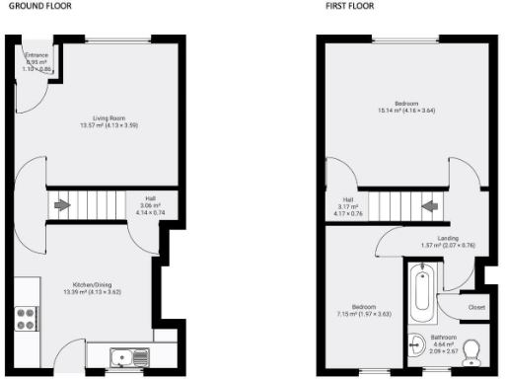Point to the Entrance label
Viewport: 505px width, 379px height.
tap(36, 54)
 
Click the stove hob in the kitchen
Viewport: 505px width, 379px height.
tap(26, 319)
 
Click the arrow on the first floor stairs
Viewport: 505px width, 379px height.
tap(429, 206)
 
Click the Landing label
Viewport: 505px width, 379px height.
tap(448, 237)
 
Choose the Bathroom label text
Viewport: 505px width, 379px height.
tap(443, 338)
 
